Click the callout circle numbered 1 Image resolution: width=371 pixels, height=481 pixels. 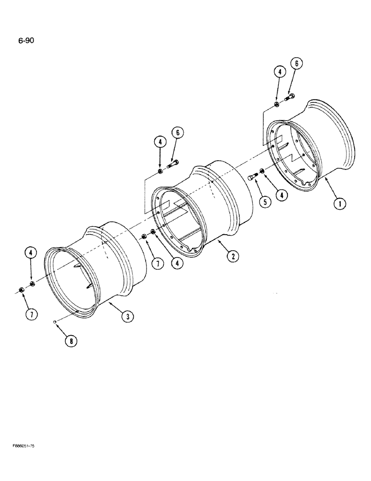coord(340,204)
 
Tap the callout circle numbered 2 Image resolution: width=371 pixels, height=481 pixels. coord(233,256)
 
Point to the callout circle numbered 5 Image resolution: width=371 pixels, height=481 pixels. coord(264,202)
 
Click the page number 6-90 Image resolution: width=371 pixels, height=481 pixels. coord(25,40)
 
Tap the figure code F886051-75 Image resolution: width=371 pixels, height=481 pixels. coord(24,446)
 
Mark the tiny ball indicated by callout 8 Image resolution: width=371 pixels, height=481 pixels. coord(56,322)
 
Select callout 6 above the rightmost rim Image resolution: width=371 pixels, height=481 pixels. coord(296,63)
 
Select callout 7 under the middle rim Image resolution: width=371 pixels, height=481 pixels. coord(156,264)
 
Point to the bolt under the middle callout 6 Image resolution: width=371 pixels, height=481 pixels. coord(173,165)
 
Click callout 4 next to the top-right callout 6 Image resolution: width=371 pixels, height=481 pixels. coord(280,72)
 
